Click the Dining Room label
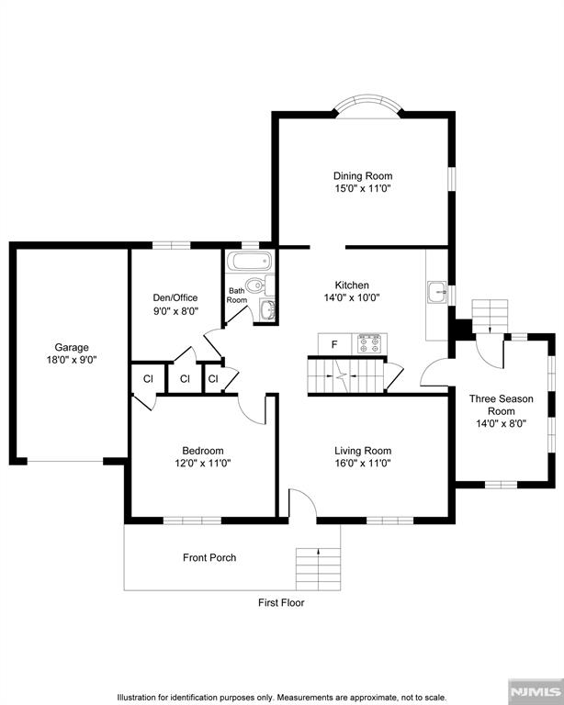click(363, 175)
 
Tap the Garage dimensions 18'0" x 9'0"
click(71, 361)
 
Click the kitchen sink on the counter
click(437, 293)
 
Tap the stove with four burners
click(369, 342)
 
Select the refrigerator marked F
click(334, 343)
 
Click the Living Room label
click(363, 451)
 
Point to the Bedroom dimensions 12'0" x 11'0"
click(203, 464)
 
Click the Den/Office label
click(175, 297)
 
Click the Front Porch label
click(209, 557)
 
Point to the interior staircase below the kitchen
click(344, 376)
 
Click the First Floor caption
click(281, 603)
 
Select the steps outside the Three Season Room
click(491, 314)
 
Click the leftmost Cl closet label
click(147, 378)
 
